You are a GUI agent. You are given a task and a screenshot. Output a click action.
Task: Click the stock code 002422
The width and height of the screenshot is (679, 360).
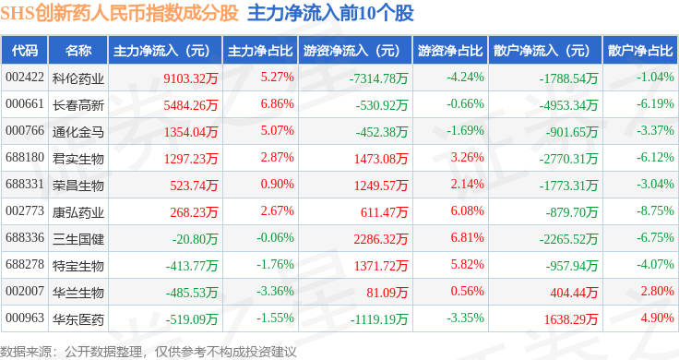pos(25,78)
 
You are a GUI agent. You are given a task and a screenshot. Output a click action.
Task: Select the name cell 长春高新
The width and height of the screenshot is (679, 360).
pos(77,104)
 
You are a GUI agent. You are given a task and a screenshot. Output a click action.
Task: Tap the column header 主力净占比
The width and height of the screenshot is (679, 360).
pos(260,51)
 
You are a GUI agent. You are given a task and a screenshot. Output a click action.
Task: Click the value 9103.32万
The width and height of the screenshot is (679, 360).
pos(191,78)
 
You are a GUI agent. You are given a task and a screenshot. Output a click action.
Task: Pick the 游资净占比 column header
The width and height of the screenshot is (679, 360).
pos(450,51)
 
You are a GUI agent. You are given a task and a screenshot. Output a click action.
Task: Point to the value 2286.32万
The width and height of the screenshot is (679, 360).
pos(381,239)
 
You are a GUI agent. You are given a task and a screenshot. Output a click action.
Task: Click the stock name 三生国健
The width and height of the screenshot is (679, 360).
pos(77,239)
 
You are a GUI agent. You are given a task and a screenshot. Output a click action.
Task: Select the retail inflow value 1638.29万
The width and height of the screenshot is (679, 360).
pos(571,318)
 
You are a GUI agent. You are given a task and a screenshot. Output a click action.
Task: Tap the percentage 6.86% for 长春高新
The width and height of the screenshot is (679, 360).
pos(277,104)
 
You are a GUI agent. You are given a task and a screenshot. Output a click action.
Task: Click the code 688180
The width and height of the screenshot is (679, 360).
pos(25,157)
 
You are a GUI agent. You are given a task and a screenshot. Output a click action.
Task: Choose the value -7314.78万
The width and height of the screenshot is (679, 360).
pos(378,78)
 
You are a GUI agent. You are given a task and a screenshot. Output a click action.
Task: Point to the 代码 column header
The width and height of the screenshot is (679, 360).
pos(25,51)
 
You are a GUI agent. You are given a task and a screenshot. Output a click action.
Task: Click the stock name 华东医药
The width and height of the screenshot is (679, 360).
pos(77,319)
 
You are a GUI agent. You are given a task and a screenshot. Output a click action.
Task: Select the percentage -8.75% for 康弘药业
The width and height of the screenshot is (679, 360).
pos(655,211)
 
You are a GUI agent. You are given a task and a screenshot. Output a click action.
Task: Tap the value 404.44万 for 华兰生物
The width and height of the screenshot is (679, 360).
pos(574,293)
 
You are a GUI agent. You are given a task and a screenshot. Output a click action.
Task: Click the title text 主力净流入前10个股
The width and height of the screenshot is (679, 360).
pos(330,13)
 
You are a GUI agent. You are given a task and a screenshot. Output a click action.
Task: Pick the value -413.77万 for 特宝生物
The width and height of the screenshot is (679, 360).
pos(191,266)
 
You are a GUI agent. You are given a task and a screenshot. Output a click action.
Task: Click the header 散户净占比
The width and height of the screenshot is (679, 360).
pos(640,51)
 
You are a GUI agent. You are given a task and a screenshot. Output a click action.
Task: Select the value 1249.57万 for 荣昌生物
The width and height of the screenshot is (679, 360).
pos(381,186)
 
